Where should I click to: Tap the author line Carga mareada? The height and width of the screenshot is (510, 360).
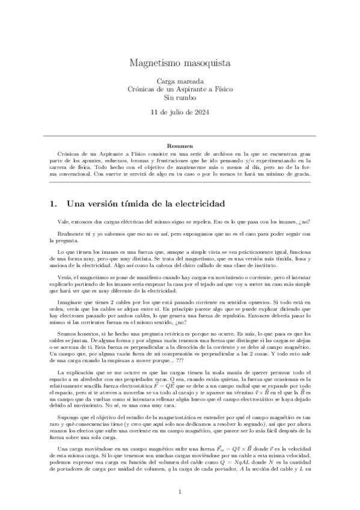coord(180,81)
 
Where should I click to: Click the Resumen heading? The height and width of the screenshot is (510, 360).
coord(180,146)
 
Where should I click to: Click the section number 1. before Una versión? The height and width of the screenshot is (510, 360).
coord(53,203)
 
